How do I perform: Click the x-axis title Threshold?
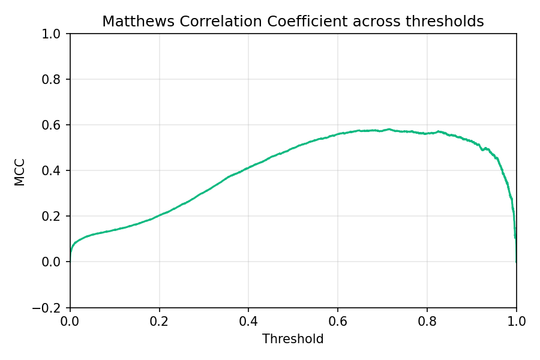[293, 339]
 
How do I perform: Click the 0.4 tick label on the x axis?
[248, 322]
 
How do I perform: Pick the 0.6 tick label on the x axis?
[338, 322]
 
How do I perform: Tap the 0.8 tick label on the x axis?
[427, 322]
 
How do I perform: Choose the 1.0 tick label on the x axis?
[516, 322]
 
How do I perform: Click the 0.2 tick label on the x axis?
[159, 322]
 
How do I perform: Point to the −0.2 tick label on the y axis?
[51, 307]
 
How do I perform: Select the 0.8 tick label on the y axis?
[55, 80]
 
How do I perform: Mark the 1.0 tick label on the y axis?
[55, 34]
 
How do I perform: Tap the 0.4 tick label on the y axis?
[55, 171]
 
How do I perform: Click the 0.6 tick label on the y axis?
[55, 125]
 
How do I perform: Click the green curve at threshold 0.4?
[248, 167]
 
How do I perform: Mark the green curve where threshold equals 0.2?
[159, 215]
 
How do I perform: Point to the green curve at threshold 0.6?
[338, 134]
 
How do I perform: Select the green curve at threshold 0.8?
[427, 133]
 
